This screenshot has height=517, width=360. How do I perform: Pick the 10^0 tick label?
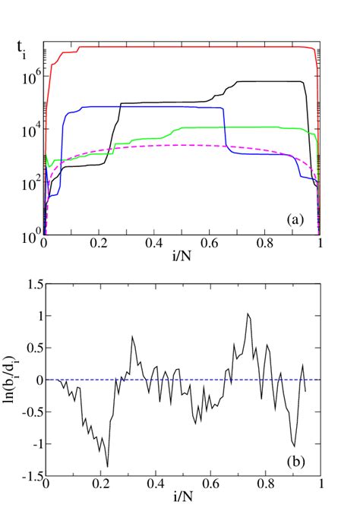click(x=29, y=237)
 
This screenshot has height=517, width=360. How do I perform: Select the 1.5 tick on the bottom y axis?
click(x=30, y=284)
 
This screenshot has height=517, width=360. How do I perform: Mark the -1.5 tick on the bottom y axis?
click(x=29, y=475)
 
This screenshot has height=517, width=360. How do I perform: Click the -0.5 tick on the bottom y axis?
click(x=29, y=411)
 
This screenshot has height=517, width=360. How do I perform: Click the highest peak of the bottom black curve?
click(x=248, y=314)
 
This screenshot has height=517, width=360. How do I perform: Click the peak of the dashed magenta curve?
click(x=182, y=145)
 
